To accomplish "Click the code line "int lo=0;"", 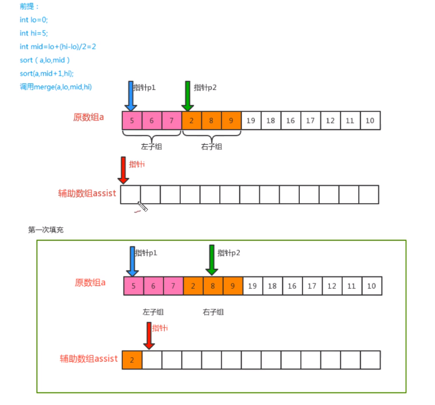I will coord(34,19).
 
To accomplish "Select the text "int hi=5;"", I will coord(33,33).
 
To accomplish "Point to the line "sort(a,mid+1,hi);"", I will coord(47,73).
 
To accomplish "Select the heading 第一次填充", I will coord(46,229).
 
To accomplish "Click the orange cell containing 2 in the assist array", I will coord(132,359).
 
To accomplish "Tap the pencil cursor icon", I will coord(142,206).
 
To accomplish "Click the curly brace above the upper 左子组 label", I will coord(152,136).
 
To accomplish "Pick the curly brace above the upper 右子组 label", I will coord(211,136).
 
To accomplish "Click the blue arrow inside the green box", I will coord(132,261).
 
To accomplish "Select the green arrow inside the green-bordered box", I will coord(211,259).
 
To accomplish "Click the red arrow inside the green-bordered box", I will coord(149,335).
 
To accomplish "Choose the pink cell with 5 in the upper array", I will coord(132,120).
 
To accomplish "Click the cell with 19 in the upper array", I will coord(251,120).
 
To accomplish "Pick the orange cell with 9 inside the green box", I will coord(233,286).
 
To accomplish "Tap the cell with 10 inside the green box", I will coord(372,286).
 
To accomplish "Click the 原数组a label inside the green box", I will coord(90,283).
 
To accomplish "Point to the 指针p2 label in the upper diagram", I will coord(205,87).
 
